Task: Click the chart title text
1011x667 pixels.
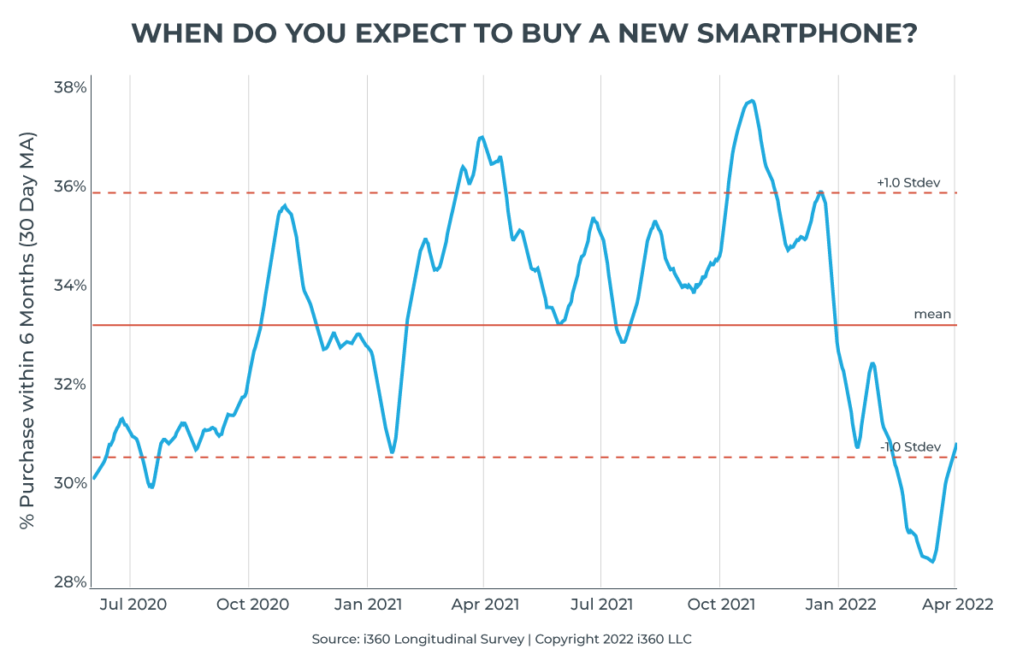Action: (x=524, y=33)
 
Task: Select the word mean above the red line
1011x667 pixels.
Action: (x=932, y=314)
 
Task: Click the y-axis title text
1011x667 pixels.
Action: (x=28, y=330)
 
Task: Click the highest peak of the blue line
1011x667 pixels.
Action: (x=751, y=101)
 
